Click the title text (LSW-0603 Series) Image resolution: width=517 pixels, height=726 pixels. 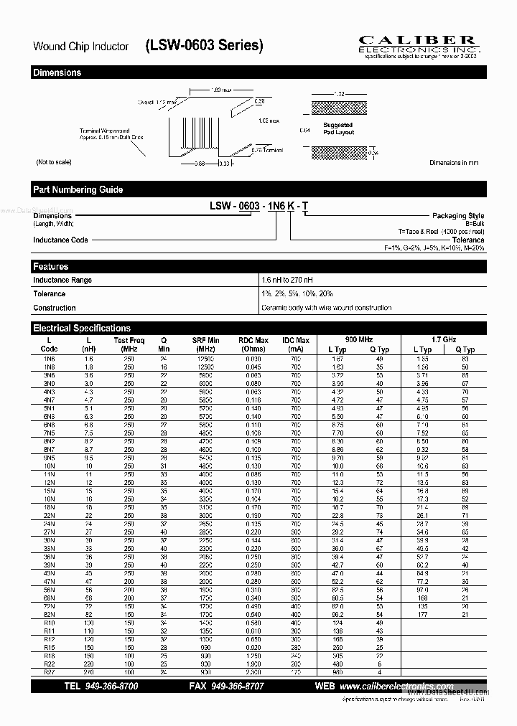pyautogui.click(x=205, y=45)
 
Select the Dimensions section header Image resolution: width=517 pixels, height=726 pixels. pyautogui.click(x=57, y=72)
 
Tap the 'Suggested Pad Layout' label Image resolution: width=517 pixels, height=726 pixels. pyautogui.click(x=337, y=128)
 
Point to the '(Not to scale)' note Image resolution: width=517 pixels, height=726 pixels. pyautogui.click(x=54, y=162)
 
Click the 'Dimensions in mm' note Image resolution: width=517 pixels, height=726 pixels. pyautogui.click(x=454, y=163)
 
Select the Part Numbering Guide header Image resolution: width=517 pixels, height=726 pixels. pyautogui.click(x=78, y=189)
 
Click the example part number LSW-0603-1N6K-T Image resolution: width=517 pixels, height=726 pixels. pyautogui.click(x=259, y=206)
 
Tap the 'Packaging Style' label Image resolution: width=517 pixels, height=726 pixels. pyautogui.click(x=457, y=215)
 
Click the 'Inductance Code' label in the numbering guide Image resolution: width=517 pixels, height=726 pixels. pyautogui.click(x=60, y=240)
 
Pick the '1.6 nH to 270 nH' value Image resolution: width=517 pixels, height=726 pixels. pyautogui.click(x=287, y=280)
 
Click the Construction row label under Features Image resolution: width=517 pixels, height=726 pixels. pyautogui.click(x=54, y=308)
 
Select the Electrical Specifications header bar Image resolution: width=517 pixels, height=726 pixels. pyautogui.click(x=82, y=328)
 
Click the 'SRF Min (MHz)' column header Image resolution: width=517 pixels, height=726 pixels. pyautogui.click(x=205, y=344)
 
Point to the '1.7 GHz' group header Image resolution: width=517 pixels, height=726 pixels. pyautogui.click(x=443, y=339)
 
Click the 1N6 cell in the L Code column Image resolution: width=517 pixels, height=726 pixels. pyautogui.click(x=49, y=358)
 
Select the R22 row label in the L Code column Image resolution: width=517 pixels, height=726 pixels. pyautogui.click(x=49, y=665)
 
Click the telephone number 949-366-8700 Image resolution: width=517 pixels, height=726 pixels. pyautogui.click(x=111, y=686)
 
